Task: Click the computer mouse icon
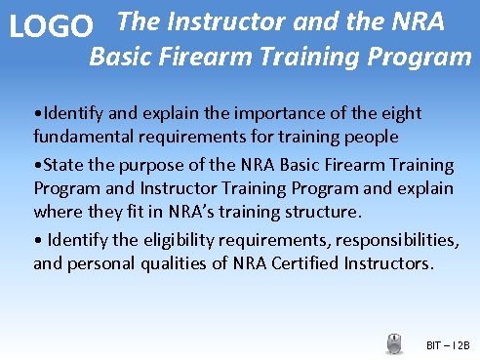(395, 343)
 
